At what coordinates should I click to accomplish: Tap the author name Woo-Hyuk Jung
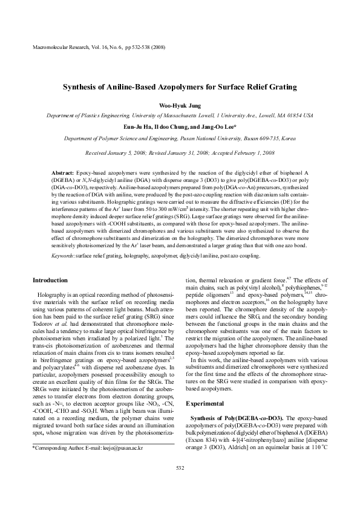pyautogui.click(x=180, y=105)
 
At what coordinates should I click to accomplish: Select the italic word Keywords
pyautogui.click(x=62, y=256)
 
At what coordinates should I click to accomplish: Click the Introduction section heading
pyautogui.click(x=50, y=280)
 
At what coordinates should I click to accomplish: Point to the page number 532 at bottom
pyautogui.click(x=180, y=467)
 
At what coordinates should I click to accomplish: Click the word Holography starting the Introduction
pyautogui.click(x=50, y=293)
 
